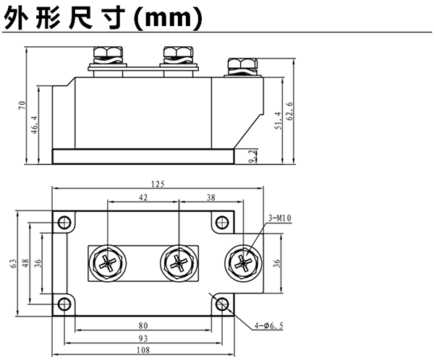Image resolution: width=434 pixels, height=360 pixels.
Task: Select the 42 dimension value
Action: (x=142, y=197)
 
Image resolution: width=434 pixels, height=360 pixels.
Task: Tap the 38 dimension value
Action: (x=210, y=197)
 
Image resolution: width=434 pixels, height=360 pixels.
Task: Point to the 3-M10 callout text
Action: (x=280, y=217)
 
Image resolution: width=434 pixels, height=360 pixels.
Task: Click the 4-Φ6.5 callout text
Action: (x=268, y=327)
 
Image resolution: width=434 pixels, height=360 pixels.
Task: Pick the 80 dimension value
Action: (x=142, y=326)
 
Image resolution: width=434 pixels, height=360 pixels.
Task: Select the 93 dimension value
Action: (x=142, y=338)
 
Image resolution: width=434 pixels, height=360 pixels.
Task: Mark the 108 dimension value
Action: (x=142, y=351)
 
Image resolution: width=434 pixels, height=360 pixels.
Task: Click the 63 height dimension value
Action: (x=13, y=264)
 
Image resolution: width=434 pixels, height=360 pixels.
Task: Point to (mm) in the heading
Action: (x=171, y=20)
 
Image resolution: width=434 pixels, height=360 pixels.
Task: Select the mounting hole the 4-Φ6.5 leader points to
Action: (x=221, y=304)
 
